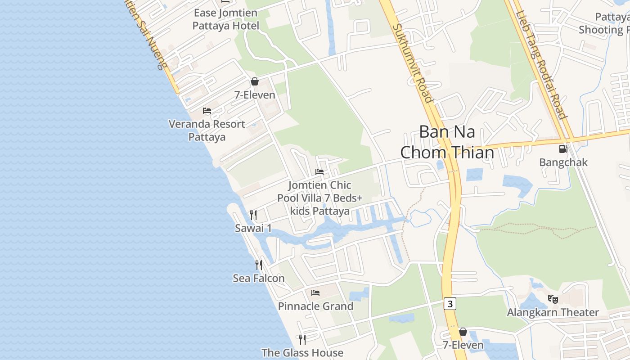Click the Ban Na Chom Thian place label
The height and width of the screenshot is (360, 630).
coord(447,142)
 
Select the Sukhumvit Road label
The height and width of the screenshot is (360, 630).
coord(412,63)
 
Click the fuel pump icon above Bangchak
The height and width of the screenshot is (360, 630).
coord(563,149)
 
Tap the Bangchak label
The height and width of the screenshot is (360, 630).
coord(563,162)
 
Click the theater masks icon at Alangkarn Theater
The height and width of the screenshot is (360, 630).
coord(553,299)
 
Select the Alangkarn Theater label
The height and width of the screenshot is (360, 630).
coord(553,312)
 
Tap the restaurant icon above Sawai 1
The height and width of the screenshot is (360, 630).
coord(253,215)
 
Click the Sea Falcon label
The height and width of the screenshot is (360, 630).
coord(259,279)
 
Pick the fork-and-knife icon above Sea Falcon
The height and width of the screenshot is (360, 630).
coord(259,265)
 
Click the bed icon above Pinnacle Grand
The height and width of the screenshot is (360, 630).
coord(315,293)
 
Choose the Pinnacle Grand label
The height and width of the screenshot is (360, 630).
coord(315,306)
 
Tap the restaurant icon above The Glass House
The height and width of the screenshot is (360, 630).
coord(302,339)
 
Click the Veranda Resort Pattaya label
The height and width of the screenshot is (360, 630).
coord(207,130)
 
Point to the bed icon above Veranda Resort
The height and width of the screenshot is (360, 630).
coord(207,110)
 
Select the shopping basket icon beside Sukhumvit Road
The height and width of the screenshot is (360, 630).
coord(463,332)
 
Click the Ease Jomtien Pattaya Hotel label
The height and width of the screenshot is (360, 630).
coord(226,19)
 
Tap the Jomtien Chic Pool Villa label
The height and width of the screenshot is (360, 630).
coord(320,198)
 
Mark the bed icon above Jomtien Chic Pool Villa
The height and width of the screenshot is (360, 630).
coord(319,172)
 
